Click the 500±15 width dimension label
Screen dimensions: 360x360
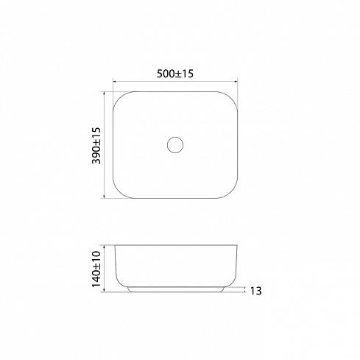click(175, 74)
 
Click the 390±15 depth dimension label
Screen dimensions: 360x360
click(96, 146)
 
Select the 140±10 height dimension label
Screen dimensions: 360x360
click(96, 269)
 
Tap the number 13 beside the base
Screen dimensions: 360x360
click(255, 291)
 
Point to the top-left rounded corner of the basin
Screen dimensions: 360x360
click(119, 98)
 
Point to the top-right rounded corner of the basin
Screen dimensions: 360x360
click(231, 98)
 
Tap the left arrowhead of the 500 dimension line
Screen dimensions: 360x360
click(115, 81)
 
